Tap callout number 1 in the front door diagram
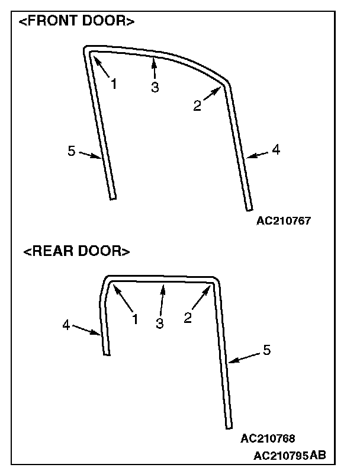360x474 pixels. (x=114, y=85)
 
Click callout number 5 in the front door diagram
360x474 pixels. (x=72, y=151)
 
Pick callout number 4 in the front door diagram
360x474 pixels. (x=275, y=150)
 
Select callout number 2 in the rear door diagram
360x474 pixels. (x=188, y=318)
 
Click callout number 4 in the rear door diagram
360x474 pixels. (x=66, y=324)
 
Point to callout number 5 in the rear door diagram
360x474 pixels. (x=266, y=350)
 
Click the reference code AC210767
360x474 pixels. (x=284, y=221)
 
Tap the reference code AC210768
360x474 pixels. (x=268, y=438)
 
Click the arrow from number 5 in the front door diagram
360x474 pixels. (x=90, y=155)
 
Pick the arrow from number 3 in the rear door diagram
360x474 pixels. (x=162, y=299)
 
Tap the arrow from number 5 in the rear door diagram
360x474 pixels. (x=245, y=357)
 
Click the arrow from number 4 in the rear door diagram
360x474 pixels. (x=86, y=330)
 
